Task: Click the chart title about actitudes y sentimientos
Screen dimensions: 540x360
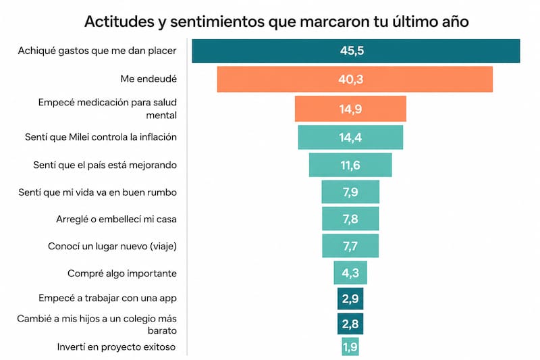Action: pos(276,22)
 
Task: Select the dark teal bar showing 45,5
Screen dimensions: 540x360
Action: pos(356,51)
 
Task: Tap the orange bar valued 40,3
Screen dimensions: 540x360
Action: pos(355,79)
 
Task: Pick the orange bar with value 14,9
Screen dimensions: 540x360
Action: pos(350,109)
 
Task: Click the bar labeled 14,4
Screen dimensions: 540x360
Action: pos(350,137)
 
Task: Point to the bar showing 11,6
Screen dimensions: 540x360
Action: pos(350,165)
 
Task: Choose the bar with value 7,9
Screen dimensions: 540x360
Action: pos(350,192)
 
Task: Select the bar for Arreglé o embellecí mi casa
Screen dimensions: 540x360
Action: pos(350,219)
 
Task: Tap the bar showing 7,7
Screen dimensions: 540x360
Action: pos(350,246)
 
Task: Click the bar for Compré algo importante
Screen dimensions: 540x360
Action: pos(350,273)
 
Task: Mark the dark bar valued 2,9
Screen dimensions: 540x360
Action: pos(350,299)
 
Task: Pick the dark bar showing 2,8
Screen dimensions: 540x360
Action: pos(350,324)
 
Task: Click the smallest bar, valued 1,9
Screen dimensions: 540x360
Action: pos(350,346)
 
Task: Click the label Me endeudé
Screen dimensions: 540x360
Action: pos(148,79)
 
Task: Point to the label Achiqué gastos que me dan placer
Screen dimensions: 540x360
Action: pos(97,51)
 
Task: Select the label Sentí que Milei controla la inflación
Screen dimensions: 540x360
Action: pos(101,137)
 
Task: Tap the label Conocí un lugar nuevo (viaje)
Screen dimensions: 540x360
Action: pos(112,247)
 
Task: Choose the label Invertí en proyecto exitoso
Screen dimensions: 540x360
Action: pos(116,347)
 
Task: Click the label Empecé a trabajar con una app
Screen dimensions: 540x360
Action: pos(107,299)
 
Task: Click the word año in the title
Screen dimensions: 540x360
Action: pos(455,22)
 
